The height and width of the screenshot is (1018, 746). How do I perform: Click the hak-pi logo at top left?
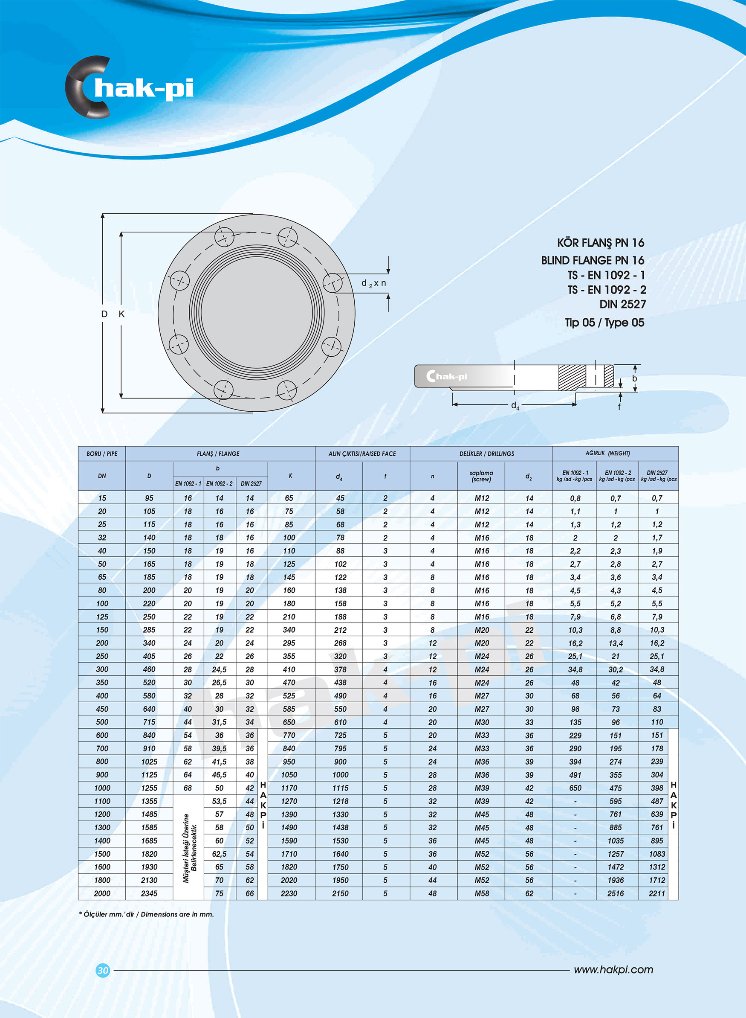point(130,87)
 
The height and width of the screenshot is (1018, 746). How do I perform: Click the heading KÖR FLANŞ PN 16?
point(600,243)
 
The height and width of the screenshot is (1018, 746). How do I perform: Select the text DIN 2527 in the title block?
point(622,304)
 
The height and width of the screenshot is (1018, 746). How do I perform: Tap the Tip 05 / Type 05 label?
point(604,322)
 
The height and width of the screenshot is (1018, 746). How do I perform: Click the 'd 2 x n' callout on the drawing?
point(373,283)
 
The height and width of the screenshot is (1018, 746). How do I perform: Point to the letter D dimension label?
point(104,314)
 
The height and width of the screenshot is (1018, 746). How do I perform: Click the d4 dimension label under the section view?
point(515,406)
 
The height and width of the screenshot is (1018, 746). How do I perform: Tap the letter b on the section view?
point(634,378)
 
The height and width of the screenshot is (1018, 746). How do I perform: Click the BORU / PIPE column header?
point(102,454)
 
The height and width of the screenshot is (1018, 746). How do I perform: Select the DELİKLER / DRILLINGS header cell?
point(480,454)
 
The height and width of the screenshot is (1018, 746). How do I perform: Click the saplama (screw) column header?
point(481,476)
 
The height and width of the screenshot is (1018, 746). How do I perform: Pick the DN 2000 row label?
point(102,893)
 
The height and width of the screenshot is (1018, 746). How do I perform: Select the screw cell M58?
point(481,893)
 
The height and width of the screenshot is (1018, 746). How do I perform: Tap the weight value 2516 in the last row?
point(616,893)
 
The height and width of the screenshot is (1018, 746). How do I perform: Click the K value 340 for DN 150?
point(289,630)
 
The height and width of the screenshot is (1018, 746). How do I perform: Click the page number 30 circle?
point(103,970)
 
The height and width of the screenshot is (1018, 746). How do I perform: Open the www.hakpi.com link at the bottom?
point(613,970)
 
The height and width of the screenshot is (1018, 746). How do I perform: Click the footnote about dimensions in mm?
point(146,914)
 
